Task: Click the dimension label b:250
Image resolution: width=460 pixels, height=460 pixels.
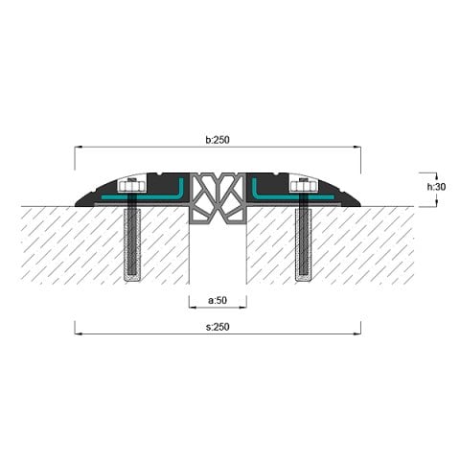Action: pos(218,140)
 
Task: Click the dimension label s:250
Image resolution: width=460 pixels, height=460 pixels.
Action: pos(218,327)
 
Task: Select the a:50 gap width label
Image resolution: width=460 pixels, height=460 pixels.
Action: pos(218,301)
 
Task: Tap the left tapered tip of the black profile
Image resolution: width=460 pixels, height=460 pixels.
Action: pos(80,201)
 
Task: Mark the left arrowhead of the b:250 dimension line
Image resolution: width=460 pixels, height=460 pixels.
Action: pos(78,148)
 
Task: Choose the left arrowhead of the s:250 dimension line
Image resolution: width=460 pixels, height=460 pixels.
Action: pos(78,334)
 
